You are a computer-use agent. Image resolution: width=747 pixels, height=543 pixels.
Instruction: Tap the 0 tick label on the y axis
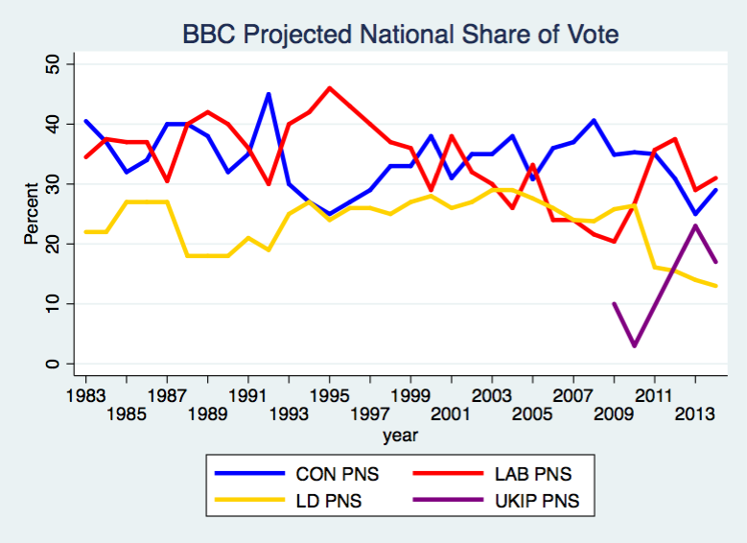pyautogui.click(x=54, y=364)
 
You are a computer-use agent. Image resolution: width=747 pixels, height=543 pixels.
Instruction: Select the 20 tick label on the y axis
pyautogui.click(x=54, y=244)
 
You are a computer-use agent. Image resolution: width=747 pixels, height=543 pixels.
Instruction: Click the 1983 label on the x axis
pyautogui.click(x=86, y=394)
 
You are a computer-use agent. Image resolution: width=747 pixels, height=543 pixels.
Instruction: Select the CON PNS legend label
pyautogui.click(x=338, y=474)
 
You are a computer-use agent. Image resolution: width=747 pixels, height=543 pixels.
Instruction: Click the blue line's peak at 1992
pyautogui.click(x=268, y=94)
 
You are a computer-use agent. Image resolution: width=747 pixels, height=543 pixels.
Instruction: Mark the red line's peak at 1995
pyautogui.click(x=330, y=88)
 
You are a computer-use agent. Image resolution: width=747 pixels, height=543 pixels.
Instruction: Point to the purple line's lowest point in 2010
pyautogui.click(x=634, y=345)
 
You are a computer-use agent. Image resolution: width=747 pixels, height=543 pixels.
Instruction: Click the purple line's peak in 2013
pyautogui.click(x=695, y=225)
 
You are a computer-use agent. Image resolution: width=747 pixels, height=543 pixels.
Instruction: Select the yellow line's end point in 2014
pyautogui.click(x=715, y=286)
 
